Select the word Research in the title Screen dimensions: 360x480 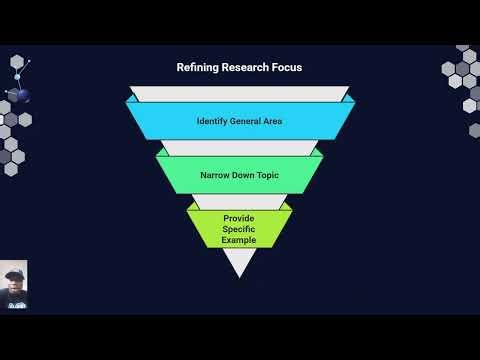(245, 68)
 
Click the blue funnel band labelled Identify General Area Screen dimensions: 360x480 (240, 122)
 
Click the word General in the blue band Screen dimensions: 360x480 (244, 122)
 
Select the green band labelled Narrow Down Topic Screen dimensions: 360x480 (240, 174)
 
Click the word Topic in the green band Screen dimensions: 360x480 (267, 174)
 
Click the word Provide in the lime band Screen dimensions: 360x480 (240, 217)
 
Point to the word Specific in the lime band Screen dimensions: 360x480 (240, 229)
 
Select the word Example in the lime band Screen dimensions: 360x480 (240, 240)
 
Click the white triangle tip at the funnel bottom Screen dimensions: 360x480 (240, 263)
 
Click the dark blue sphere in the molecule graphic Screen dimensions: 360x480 (15, 95)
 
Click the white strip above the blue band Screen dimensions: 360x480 (240, 94)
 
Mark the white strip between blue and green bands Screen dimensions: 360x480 (240, 148)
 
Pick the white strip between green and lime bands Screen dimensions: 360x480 (240, 201)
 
